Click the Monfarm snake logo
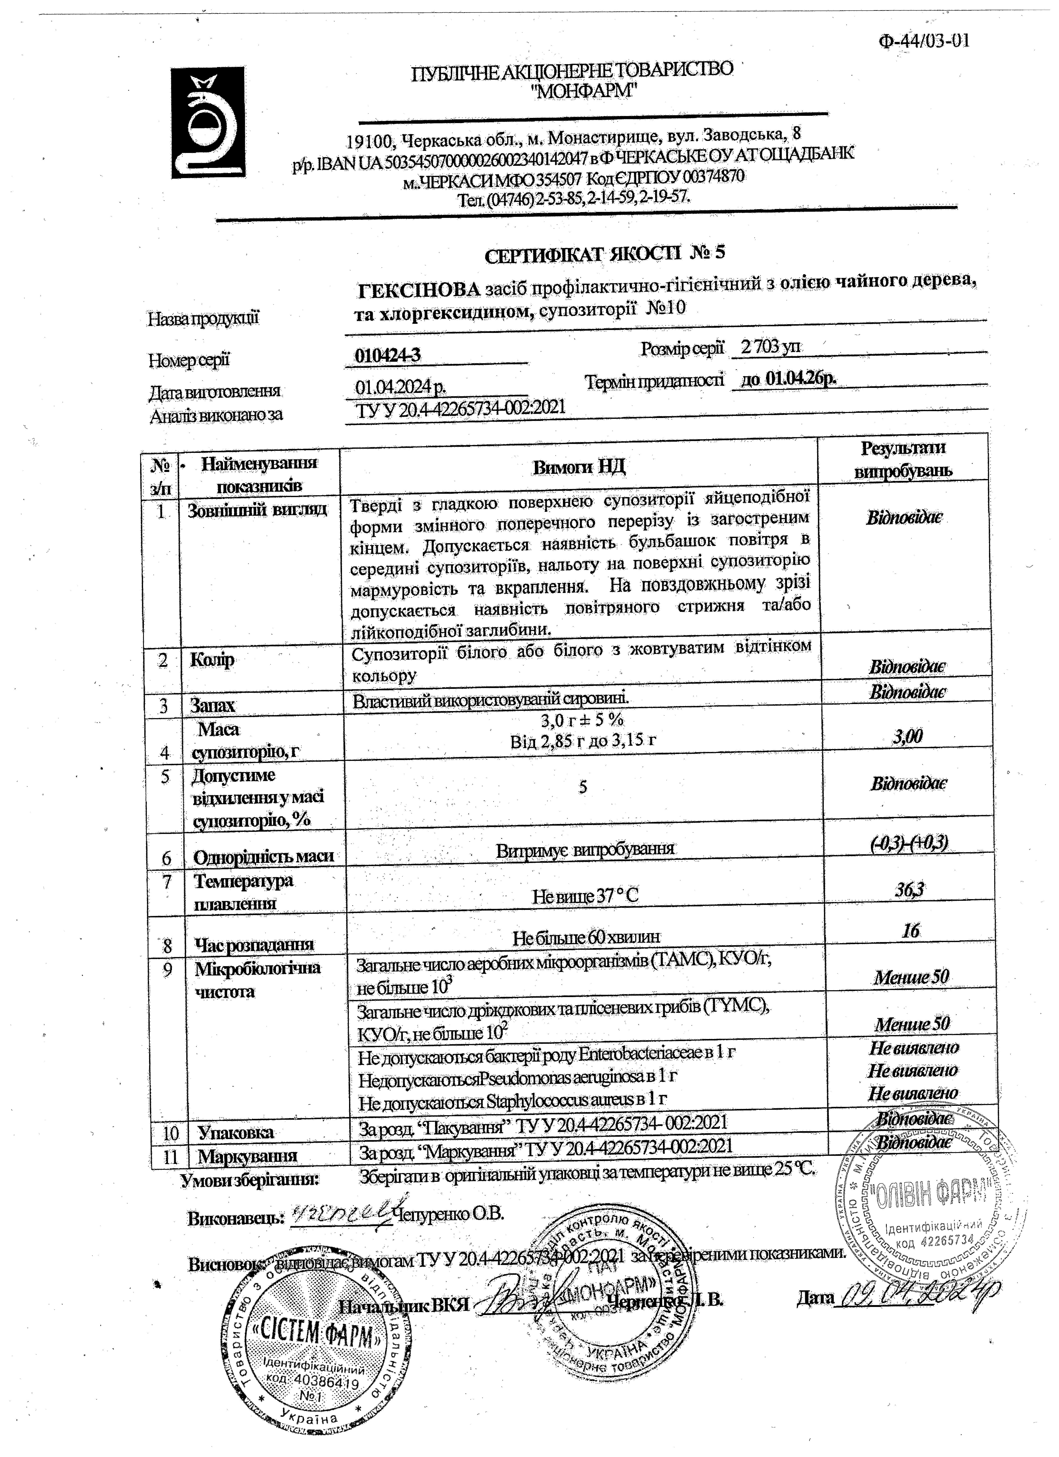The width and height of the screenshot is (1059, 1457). click(x=208, y=123)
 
